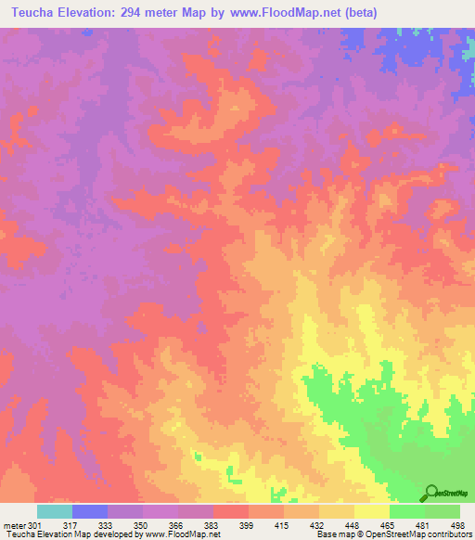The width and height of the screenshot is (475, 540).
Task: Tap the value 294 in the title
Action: coord(151,12)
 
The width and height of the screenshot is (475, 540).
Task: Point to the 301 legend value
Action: coord(35,524)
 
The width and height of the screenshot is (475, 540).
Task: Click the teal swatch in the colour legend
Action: coord(55,511)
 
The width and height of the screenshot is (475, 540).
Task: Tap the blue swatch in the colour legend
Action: coord(90,511)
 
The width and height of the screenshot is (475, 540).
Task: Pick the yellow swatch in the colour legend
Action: coord(372,511)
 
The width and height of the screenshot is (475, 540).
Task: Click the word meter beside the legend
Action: coord(14,524)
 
